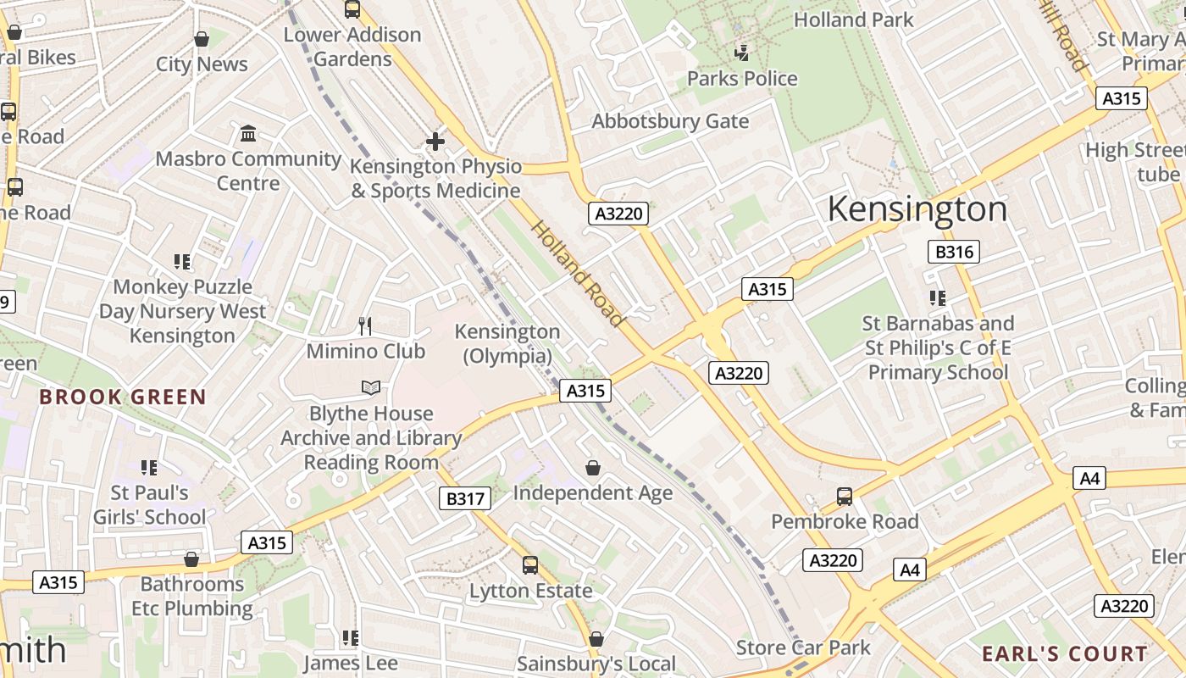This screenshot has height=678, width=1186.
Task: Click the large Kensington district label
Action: pyautogui.click(x=917, y=209)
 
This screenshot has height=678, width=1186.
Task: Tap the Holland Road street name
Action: pyautogui.click(x=578, y=273)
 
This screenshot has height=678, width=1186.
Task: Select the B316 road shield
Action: pyautogui.click(x=953, y=252)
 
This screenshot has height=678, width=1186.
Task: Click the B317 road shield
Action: pyautogui.click(x=465, y=498)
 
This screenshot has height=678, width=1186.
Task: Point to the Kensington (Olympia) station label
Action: pyautogui.click(x=507, y=343)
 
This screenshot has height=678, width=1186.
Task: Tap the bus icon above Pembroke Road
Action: pyautogui.click(x=844, y=497)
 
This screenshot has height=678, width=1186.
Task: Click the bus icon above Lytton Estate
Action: pyautogui.click(x=530, y=565)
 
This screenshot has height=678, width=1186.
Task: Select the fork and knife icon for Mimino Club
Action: pyautogui.click(x=365, y=326)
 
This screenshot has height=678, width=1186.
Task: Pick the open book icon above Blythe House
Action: pyautogui.click(x=370, y=388)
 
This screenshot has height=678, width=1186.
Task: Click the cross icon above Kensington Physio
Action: pyautogui.click(x=435, y=142)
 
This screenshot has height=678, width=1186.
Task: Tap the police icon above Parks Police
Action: pyautogui.click(x=742, y=53)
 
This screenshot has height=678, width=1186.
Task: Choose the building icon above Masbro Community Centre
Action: pyautogui.click(x=248, y=134)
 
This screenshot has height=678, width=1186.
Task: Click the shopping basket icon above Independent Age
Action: pyautogui.click(x=593, y=468)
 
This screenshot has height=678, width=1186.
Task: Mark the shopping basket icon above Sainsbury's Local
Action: pyautogui.click(x=596, y=639)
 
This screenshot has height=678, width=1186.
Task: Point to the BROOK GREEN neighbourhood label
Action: pyautogui.click(x=123, y=397)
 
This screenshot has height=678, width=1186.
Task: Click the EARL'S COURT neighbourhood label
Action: pyautogui.click(x=1064, y=653)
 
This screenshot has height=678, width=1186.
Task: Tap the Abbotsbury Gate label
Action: pyautogui.click(x=670, y=121)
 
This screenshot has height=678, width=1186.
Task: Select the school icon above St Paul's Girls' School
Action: pyautogui.click(x=149, y=468)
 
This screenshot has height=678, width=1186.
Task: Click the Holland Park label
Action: pyautogui.click(x=853, y=19)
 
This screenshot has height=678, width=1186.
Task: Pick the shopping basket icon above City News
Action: pyautogui.click(x=202, y=39)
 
